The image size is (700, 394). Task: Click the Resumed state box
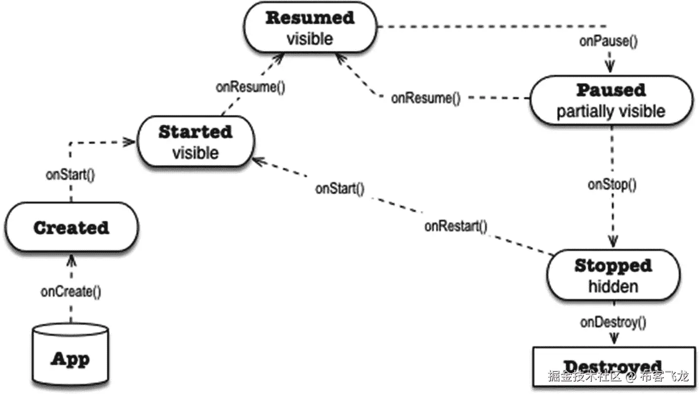[x=310, y=28]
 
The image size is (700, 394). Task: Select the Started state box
[x=195, y=142]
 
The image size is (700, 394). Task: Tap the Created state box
[x=71, y=228]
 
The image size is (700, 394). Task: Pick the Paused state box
[x=611, y=101]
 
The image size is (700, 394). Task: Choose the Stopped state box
[x=613, y=276]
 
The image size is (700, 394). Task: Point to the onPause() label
[x=608, y=41]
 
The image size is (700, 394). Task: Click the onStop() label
[x=612, y=185]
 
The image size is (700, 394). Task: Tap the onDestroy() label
[x=613, y=322]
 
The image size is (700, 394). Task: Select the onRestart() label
[x=456, y=226]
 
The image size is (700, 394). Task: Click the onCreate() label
[x=71, y=292]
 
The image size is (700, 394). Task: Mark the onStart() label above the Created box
[x=70, y=175]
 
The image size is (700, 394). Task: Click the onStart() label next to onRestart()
[x=340, y=188]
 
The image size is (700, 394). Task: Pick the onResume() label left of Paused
[x=426, y=98]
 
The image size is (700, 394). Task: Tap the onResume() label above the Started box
[x=250, y=87]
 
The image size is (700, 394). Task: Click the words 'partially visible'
[x=611, y=111]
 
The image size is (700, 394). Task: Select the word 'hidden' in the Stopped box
[x=613, y=287]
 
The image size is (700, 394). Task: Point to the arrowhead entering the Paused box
[x=612, y=66]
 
